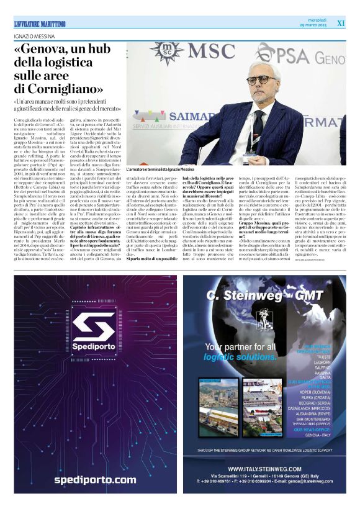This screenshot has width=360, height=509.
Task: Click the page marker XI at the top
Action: [340, 23]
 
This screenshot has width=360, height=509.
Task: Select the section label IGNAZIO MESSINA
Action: [36, 36]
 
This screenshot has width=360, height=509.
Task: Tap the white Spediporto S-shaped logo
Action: [91, 332]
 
